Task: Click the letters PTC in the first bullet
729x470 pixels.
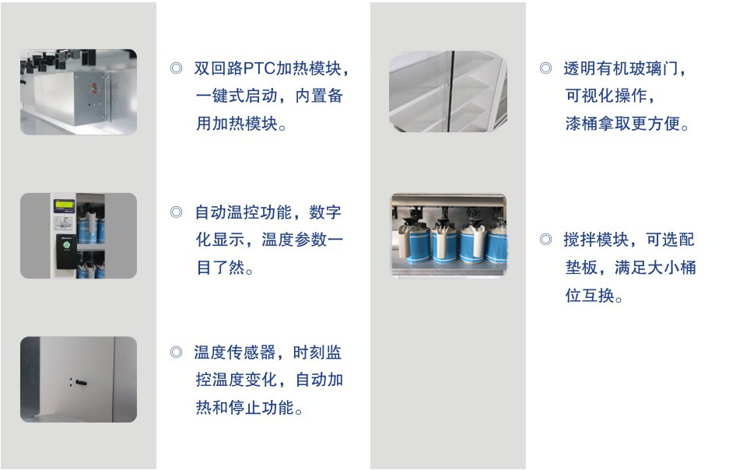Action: (x=259, y=68)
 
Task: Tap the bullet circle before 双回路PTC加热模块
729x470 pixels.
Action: (x=176, y=68)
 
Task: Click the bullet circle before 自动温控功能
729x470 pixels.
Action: (x=176, y=212)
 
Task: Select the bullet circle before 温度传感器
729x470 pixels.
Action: (x=176, y=352)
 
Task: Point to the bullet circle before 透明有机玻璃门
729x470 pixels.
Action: (x=546, y=68)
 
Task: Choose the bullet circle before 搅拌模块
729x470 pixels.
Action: (x=546, y=240)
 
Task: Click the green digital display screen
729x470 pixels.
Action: (x=64, y=205)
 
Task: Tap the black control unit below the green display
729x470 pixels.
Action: (x=66, y=251)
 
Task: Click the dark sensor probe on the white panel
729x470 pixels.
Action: (x=81, y=383)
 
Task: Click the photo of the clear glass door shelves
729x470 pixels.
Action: (x=447, y=91)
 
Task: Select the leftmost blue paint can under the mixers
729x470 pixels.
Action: (x=414, y=243)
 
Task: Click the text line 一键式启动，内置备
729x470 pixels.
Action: (x=269, y=96)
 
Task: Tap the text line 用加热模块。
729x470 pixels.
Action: (x=241, y=125)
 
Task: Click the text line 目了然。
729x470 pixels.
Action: (x=225, y=268)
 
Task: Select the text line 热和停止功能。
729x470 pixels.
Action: (x=250, y=408)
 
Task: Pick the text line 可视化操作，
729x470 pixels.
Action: (x=611, y=96)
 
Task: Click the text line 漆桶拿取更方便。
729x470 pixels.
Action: (x=627, y=125)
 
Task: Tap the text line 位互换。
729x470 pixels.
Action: (x=594, y=295)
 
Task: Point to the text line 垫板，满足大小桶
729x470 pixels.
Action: (x=630, y=268)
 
